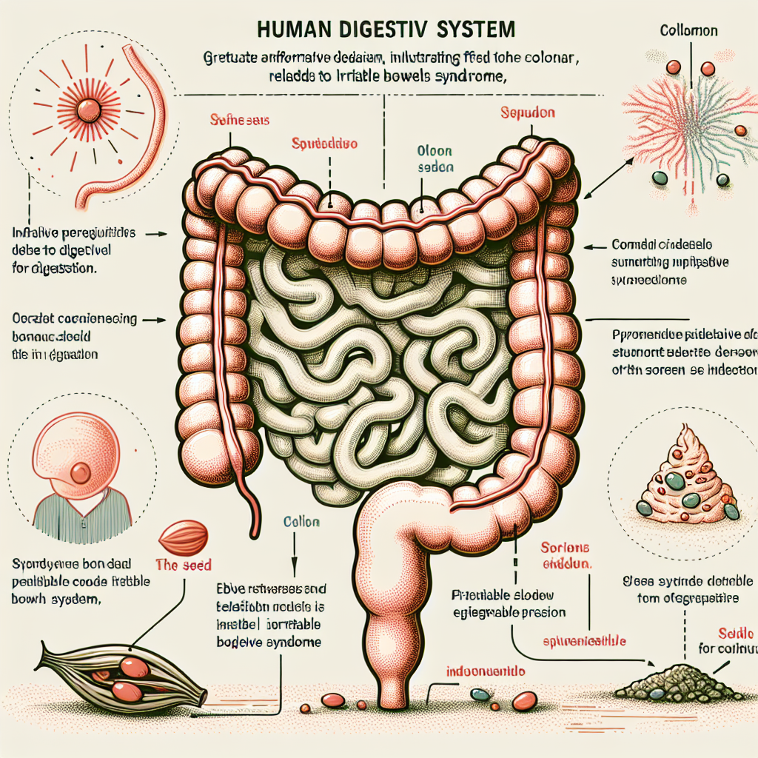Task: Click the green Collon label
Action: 301,522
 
